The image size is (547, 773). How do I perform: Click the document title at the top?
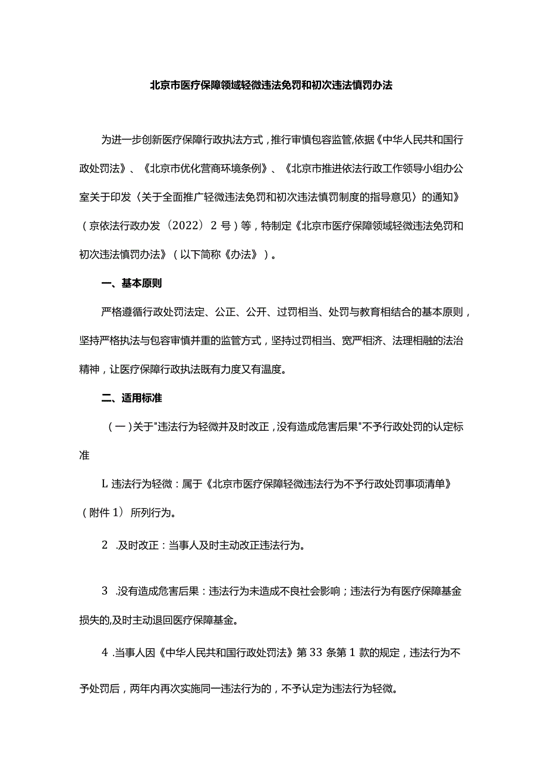coord(271,85)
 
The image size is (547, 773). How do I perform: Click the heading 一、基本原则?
coord(132,283)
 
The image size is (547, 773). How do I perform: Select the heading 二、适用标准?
coord(132,398)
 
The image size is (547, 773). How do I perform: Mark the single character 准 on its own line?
coord(84,456)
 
